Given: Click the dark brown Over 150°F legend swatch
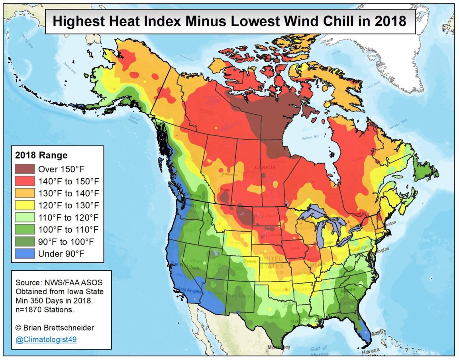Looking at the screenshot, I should pos(25,168).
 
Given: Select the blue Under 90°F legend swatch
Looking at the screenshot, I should pos(25,254).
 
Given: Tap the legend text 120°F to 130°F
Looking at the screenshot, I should pos(68,205).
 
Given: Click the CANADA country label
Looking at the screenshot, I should pos(265,167).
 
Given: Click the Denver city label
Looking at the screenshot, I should pos(251,262).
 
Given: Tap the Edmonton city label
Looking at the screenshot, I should pos(230,175).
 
